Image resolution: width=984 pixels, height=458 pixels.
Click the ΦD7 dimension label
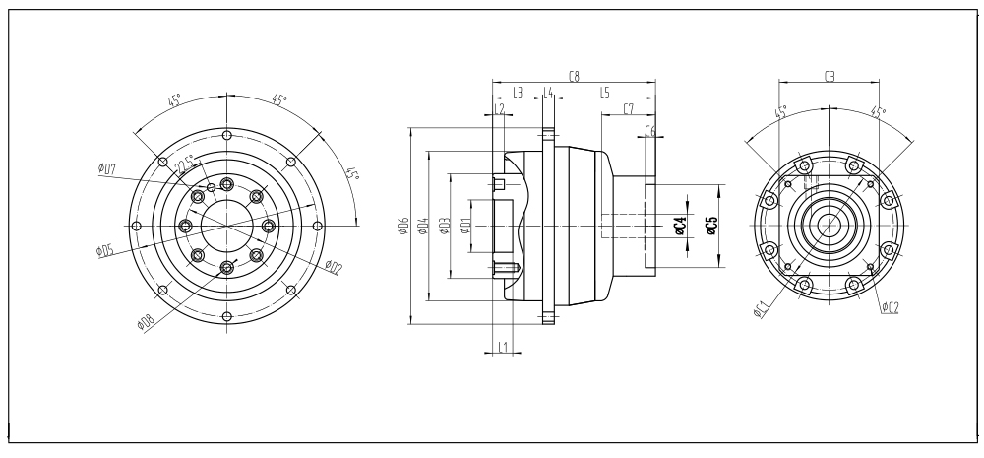pos(108,168)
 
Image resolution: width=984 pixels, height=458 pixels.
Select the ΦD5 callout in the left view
pos(105,250)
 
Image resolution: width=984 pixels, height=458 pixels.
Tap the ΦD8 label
pos(147,321)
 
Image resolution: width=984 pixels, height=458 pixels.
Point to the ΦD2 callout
pos(333,266)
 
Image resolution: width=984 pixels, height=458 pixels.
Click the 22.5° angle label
pos(185,166)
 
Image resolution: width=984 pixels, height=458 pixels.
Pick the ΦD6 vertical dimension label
pos(403,227)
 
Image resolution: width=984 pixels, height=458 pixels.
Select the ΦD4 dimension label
pos(423,227)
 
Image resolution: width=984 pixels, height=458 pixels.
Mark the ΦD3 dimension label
pos(446,227)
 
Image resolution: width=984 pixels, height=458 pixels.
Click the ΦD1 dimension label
pos(466,227)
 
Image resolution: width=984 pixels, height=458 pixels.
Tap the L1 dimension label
pos(502,347)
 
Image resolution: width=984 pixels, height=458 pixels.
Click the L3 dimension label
pos(518,92)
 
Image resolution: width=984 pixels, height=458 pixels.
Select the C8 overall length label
pos(574,75)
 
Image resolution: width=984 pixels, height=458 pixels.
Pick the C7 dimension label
pos(628,108)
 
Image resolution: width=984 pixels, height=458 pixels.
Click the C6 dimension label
pos(650,131)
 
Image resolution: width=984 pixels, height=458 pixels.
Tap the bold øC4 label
pos(680,227)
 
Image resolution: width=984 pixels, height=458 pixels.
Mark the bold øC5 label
pos(711,227)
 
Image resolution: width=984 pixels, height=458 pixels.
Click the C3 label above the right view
pos(830,75)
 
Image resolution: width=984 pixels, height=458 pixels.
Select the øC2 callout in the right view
pos(890,307)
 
